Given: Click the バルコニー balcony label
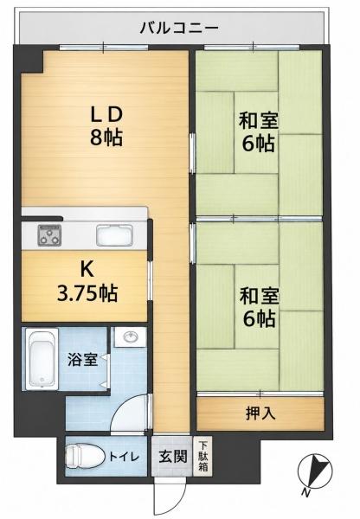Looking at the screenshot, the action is click(x=179, y=28).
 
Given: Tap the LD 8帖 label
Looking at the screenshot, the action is click(x=106, y=126).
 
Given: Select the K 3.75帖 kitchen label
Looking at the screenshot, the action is click(x=87, y=281).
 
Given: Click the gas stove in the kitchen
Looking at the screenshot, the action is click(x=49, y=235).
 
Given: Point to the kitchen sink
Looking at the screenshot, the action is click(x=114, y=235).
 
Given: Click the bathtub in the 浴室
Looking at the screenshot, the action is click(x=42, y=359).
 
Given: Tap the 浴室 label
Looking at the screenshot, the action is click(x=83, y=360).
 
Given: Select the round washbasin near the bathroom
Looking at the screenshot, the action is click(x=130, y=337).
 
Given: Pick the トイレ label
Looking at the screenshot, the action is click(x=124, y=457).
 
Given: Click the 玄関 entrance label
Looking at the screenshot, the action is click(x=173, y=457).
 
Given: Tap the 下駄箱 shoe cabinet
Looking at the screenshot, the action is click(x=202, y=457).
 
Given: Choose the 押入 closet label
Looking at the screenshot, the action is click(x=260, y=413).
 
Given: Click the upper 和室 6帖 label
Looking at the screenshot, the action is click(x=259, y=131).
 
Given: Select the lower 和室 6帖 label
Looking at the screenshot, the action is click(x=259, y=307).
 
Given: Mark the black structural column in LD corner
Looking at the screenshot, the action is click(x=29, y=59).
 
